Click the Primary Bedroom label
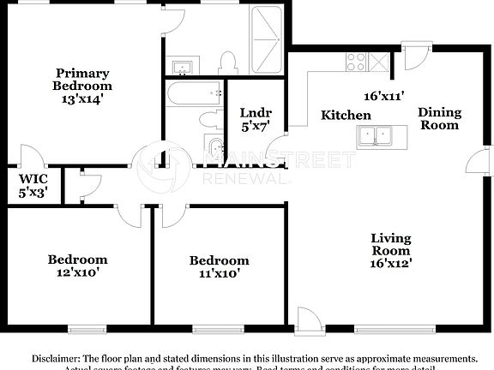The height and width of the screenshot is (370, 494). (82, 80)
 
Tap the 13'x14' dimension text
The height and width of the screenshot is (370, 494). (82, 98)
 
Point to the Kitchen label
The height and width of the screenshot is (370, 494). (346, 115)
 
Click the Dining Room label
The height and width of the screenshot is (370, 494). (439, 118)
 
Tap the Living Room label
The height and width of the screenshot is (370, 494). (390, 244)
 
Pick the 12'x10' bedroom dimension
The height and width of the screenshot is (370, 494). (76, 273)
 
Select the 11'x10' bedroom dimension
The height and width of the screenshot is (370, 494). (219, 274)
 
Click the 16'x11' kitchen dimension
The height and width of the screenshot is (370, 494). (383, 97)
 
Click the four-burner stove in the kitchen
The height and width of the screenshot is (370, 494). (355, 63)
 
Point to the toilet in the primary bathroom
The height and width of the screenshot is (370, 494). (228, 62)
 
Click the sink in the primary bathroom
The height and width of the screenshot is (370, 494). (181, 67)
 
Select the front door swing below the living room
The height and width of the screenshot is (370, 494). (308, 319)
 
